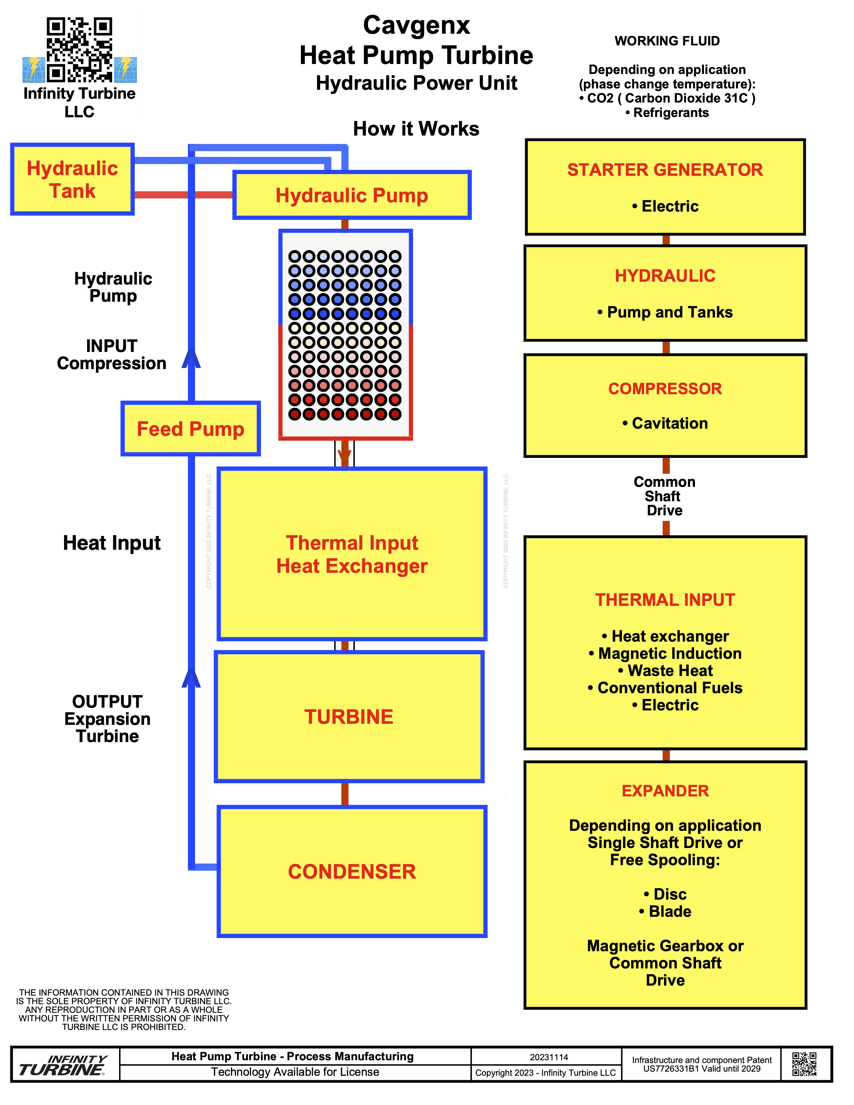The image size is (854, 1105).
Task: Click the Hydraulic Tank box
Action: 72,180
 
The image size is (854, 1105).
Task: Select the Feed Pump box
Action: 190,429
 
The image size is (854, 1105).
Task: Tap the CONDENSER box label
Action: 352,871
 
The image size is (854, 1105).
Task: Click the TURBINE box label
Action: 349,717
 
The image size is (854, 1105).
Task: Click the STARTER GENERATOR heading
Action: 665,170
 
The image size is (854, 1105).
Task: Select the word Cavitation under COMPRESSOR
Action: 670,423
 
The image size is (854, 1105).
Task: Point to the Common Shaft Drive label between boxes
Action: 665,496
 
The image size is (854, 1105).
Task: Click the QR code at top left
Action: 80,50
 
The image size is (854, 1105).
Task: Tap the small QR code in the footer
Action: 804,1064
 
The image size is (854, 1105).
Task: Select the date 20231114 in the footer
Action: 549,1057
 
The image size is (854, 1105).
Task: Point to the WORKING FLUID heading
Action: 667,41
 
